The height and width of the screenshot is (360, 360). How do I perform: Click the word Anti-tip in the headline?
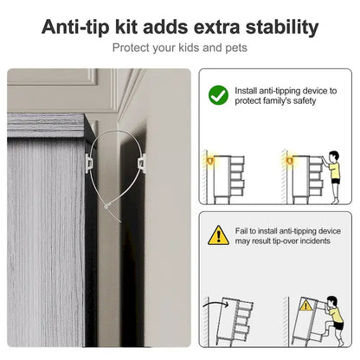(75, 27)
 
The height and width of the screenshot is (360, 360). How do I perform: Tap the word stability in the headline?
(282, 28)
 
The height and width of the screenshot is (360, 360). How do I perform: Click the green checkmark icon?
(218, 95)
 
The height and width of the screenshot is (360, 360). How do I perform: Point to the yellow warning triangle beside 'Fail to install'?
(219, 235)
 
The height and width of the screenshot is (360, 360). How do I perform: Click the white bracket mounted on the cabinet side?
(88, 164)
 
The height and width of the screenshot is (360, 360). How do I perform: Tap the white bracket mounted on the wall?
(142, 164)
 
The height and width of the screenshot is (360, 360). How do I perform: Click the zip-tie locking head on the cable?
(107, 206)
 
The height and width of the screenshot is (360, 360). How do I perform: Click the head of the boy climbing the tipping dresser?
(332, 302)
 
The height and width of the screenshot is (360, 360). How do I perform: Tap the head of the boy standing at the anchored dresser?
(334, 157)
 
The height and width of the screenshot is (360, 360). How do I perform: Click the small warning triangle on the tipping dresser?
(305, 305)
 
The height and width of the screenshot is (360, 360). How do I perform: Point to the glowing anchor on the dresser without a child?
(210, 160)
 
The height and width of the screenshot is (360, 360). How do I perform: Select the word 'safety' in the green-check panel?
(305, 101)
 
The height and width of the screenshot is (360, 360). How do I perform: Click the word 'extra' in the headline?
(217, 28)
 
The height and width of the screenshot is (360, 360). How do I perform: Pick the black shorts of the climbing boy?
(337, 325)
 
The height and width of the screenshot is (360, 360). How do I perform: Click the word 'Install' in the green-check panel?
(246, 91)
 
